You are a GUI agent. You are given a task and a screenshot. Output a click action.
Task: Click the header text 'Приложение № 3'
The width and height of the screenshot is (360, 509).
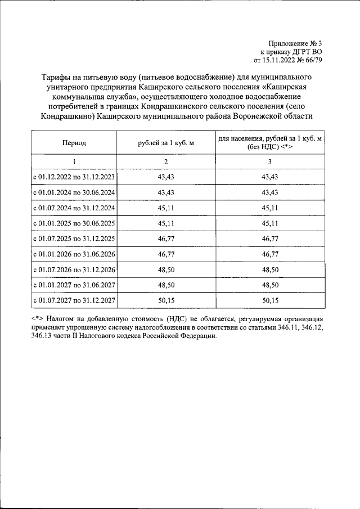(x=296, y=43)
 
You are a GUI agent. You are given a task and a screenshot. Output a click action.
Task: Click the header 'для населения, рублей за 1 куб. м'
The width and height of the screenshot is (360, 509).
(x=270, y=138)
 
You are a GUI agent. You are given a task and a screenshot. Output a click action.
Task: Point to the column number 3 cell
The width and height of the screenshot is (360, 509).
(x=270, y=161)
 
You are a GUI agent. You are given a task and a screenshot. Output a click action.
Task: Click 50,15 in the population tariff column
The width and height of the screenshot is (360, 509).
(x=270, y=301)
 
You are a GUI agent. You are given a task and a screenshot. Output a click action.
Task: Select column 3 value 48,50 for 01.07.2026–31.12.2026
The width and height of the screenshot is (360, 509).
(x=270, y=270)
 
